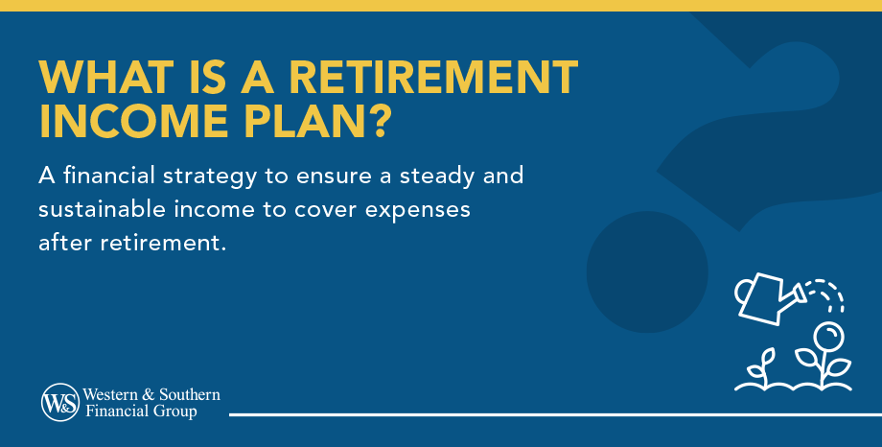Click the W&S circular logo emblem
(59, 402)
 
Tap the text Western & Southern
(151, 394)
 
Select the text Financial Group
(141, 412)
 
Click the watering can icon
(767, 295)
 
